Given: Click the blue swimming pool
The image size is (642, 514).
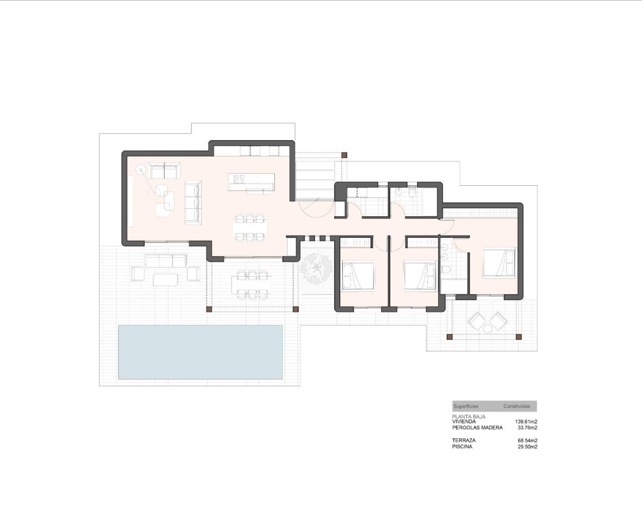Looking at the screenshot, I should pos(201,352).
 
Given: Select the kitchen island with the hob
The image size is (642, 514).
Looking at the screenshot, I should pos(251,181).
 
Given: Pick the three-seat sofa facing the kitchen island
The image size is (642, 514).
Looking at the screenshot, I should pos(193,202).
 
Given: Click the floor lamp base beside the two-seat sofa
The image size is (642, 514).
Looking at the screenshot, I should pos(141,170).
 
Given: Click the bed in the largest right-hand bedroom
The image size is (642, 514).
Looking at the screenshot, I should pos(499,263).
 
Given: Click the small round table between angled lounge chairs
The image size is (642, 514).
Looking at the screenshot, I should pos(488,328).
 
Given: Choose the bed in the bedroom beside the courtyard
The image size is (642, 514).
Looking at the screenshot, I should pos(358,276).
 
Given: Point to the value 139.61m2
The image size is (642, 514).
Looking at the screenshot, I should pos(526,422).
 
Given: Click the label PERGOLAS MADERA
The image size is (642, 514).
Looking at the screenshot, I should pos(477,428).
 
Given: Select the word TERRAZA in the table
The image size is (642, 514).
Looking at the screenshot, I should pos(463,440).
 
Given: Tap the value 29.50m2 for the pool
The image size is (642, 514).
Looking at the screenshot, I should pos(527,446).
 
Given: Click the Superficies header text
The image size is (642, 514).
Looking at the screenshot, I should pos(465,406).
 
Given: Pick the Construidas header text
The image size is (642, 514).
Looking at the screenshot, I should pos(516,406).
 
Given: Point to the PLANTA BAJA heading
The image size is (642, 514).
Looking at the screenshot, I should pos(468,417).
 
